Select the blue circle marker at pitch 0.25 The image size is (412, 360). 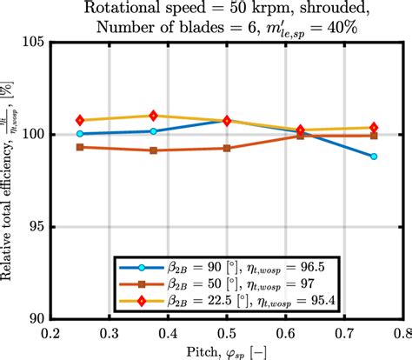pyautogui.click(x=80, y=134)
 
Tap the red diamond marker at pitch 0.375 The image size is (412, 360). pyautogui.click(x=153, y=116)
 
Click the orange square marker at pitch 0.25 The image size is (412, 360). pyautogui.click(x=80, y=147)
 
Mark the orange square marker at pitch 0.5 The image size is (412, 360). pyautogui.click(x=227, y=148)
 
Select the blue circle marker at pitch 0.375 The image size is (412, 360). pyautogui.click(x=153, y=131)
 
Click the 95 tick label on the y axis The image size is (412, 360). pyautogui.click(x=36, y=227)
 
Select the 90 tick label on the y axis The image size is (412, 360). pyautogui.click(x=36, y=319)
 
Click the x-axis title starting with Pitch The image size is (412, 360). pyautogui.click(x=226, y=350)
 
